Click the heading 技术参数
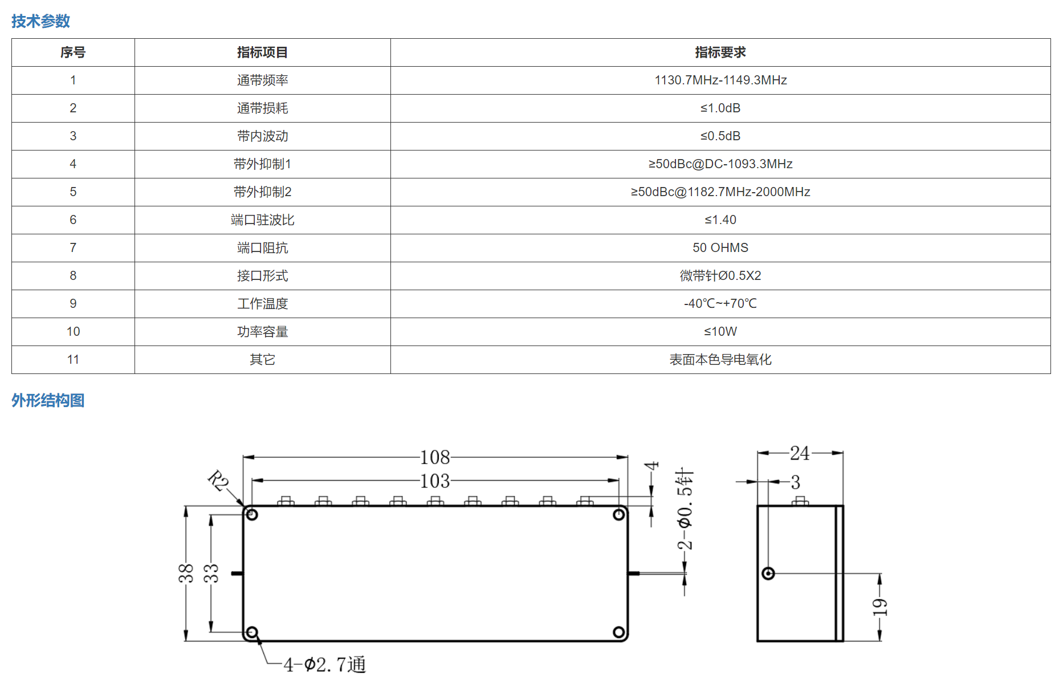point(40,21)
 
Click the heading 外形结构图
point(48,400)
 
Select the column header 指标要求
point(720,52)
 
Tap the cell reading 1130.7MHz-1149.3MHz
point(720,80)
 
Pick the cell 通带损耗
point(263,108)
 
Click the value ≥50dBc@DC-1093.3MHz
point(720,164)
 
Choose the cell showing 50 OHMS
point(720,248)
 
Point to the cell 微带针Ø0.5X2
point(720,276)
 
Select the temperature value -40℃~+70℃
point(720,304)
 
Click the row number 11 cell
point(73,360)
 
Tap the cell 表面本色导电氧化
point(720,360)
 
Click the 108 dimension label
point(435,457)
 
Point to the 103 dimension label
point(435,481)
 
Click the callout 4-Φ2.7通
point(325,665)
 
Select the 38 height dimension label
point(186,573)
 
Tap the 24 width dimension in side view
point(800,453)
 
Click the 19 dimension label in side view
point(880,607)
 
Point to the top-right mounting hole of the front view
point(619,515)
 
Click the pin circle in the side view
point(768,573)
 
